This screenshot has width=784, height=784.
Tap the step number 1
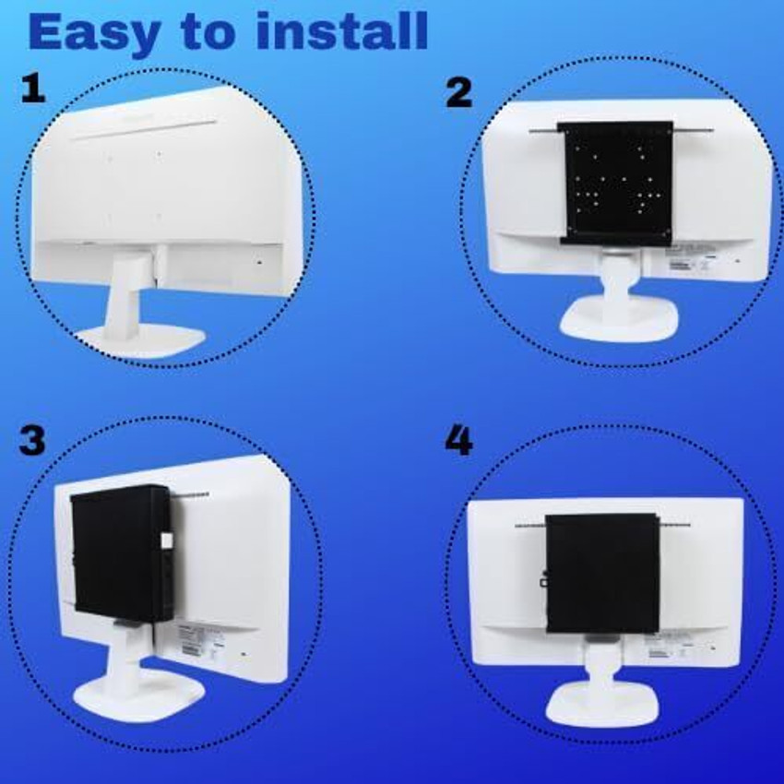[32, 89]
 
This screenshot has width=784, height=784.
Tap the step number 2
[458, 92]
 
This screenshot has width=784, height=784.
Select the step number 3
[31, 441]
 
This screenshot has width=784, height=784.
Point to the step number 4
[458, 441]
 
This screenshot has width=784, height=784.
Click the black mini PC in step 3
[120, 553]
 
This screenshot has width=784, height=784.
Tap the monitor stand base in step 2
[618, 318]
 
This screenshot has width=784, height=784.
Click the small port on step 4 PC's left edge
[544, 581]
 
